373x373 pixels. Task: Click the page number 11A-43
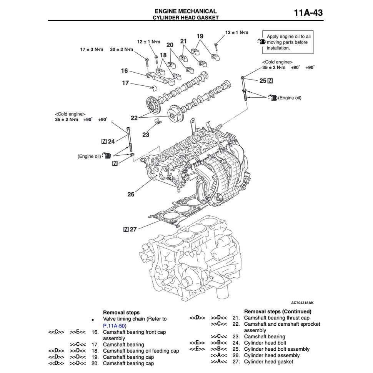pyautogui.click(x=308, y=13)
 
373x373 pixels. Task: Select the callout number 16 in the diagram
pyautogui.click(x=124, y=71)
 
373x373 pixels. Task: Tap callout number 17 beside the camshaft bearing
pyautogui.click(x=125, y=83)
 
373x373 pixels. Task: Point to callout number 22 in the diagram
pyautogui.click(x=134, y=118)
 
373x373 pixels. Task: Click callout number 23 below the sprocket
pyautogui.click(x=146, y=135)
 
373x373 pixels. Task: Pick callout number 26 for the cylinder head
pyautogui.click(x=131, y=194)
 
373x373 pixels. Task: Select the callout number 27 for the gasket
pyautogui.click(x=133, y=230)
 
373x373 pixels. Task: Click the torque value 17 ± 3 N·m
pyautogui.click(x=92, y=50)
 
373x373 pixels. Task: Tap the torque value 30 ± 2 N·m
pyautogui.click(x=122, y=50)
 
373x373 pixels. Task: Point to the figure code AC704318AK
pyautogui.click(x=302, y=303)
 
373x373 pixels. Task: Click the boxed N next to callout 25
pyautogui.click(x=270, y=81)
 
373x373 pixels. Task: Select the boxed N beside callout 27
pyautogui.click(x=126, y=230)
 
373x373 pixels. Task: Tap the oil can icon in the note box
pyautogui.click(x=261, y=42)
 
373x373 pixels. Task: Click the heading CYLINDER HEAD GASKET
pyautogui.click(x=185, y=18)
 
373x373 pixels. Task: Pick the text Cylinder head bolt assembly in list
pyautogui.click(x=276, y=349)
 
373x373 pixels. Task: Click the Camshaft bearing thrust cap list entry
pyautogui.click(x=276, y=318)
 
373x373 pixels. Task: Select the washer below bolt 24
pyautogui.click(x=133, y=155)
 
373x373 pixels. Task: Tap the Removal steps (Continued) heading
pyautogui.click(x=278, y=311)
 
